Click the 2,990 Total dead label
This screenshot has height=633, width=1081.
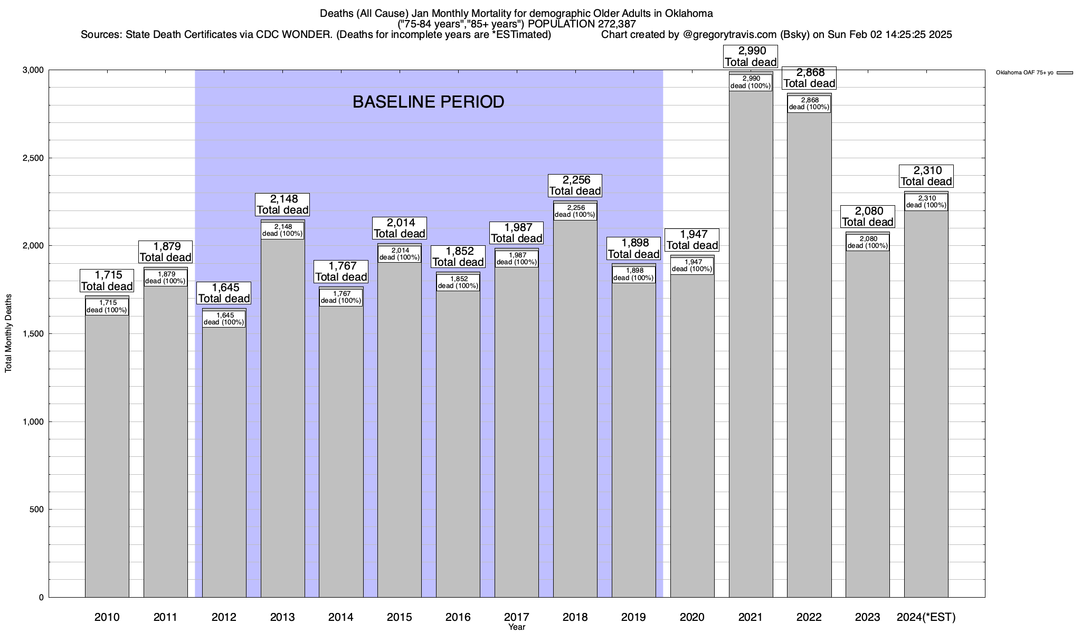[x=751, y=56]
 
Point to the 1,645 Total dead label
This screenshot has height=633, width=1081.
[x=224, y=293]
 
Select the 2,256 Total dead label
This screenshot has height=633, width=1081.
[x=575, y=185]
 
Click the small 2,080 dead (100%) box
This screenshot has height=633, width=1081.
[x=867, y=243]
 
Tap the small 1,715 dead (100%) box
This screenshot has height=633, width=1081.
[x=107, y=306]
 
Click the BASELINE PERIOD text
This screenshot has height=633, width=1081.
[x=428, y=102]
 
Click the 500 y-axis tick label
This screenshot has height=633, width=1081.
[x=37, y=510]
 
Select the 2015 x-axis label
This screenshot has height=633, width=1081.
[x=400, y=617]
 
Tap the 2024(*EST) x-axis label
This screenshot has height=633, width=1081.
[x=926, y=617]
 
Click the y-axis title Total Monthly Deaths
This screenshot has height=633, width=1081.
[x=8, y=341]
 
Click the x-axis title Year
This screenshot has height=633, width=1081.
[x=517, y=627]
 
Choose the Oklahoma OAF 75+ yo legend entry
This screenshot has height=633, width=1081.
[x=1025, y=73]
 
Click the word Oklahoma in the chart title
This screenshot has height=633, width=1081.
[x=689, y=14]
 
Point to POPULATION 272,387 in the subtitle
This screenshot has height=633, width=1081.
[x=585, y=24]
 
